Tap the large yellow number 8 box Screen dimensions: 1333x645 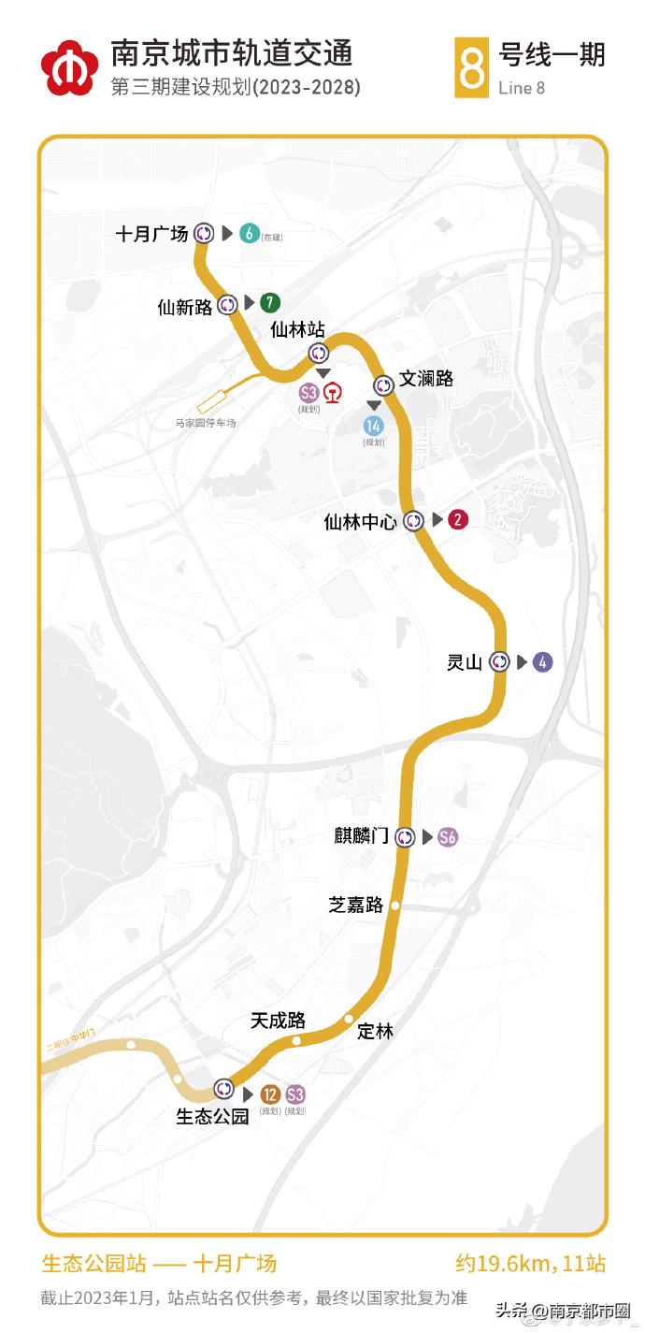click(x=473, y=67)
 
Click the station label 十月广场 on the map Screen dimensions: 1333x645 click(x=151, y=234)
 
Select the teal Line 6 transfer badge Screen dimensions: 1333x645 click(x=249, y=234)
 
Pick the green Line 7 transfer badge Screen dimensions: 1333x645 click(x=270, y=303)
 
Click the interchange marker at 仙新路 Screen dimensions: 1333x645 click(x=227, y=304)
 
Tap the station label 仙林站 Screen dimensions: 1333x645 click(x=297, y=329)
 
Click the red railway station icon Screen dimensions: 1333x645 click(x=333, y=394)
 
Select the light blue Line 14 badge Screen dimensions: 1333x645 click(x=374, y=426)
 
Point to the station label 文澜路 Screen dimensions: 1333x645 click(x=426, y=379)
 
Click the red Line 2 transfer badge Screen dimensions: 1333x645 click(x=458, y=520)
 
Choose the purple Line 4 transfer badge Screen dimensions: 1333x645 click(x=542, y=662)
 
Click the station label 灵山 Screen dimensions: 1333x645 click(x=465, y=663)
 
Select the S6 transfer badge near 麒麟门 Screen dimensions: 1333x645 click(x=449, y=837)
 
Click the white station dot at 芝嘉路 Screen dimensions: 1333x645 click(x=395, y=906)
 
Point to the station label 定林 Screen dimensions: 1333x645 click(x=376, y=1031)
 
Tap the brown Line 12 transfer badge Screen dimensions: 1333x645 click(x=270, y=1094)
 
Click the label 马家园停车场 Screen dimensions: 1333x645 click(x=206, y=423)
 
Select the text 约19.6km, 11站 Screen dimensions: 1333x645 click(x=530, y=1265)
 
